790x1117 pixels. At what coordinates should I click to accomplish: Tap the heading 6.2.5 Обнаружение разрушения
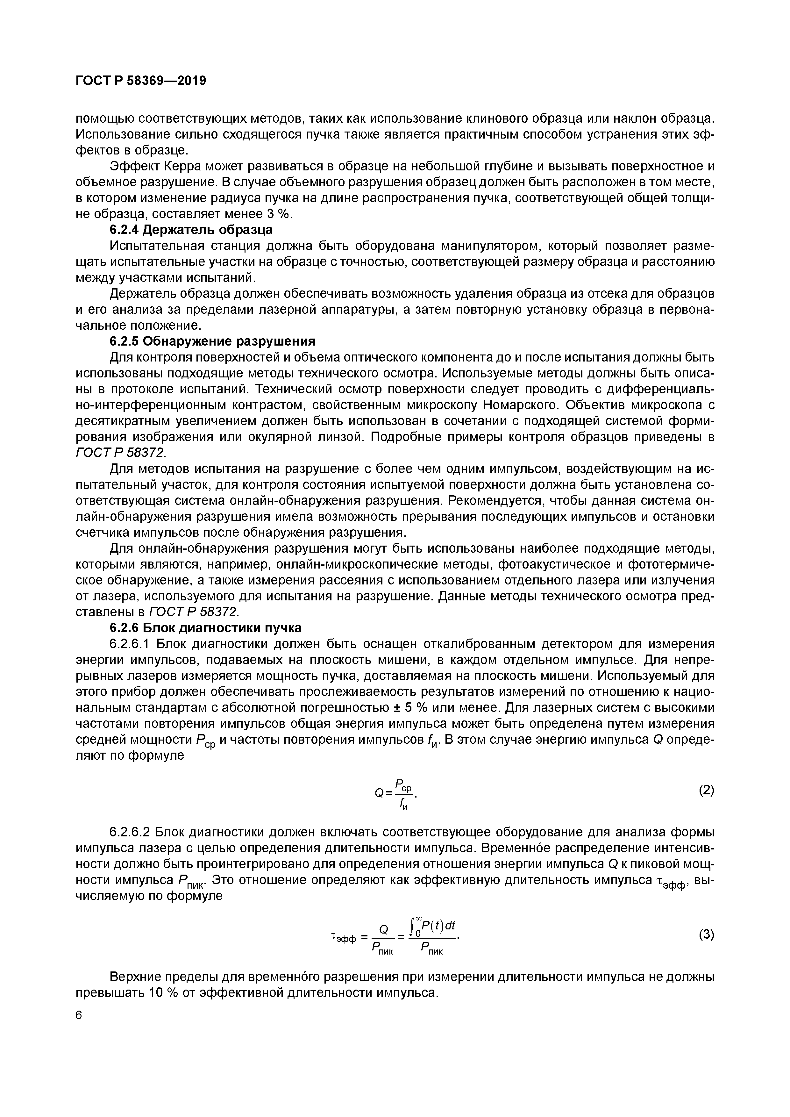[x=213, y=340]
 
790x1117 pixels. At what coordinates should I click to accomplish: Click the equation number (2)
[x=706, y=791]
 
